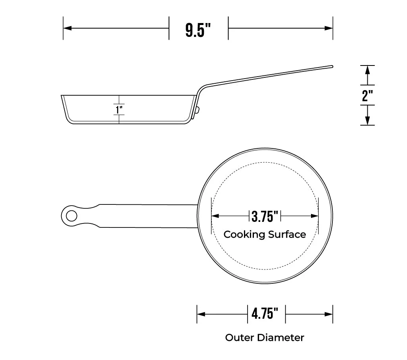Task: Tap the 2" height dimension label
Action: point(367,95)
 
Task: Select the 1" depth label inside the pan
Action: point(119,109)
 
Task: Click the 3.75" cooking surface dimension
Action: point(265,216)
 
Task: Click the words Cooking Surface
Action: point(265,235)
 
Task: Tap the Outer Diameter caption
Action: point(265,338)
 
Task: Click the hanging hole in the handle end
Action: point(72,216)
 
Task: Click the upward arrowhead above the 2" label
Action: point(367,70)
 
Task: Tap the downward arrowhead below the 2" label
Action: point(367,120)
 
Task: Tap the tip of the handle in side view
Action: point(331,67)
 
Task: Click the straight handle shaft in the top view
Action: point(149,216)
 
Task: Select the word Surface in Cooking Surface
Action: point(287,235)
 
